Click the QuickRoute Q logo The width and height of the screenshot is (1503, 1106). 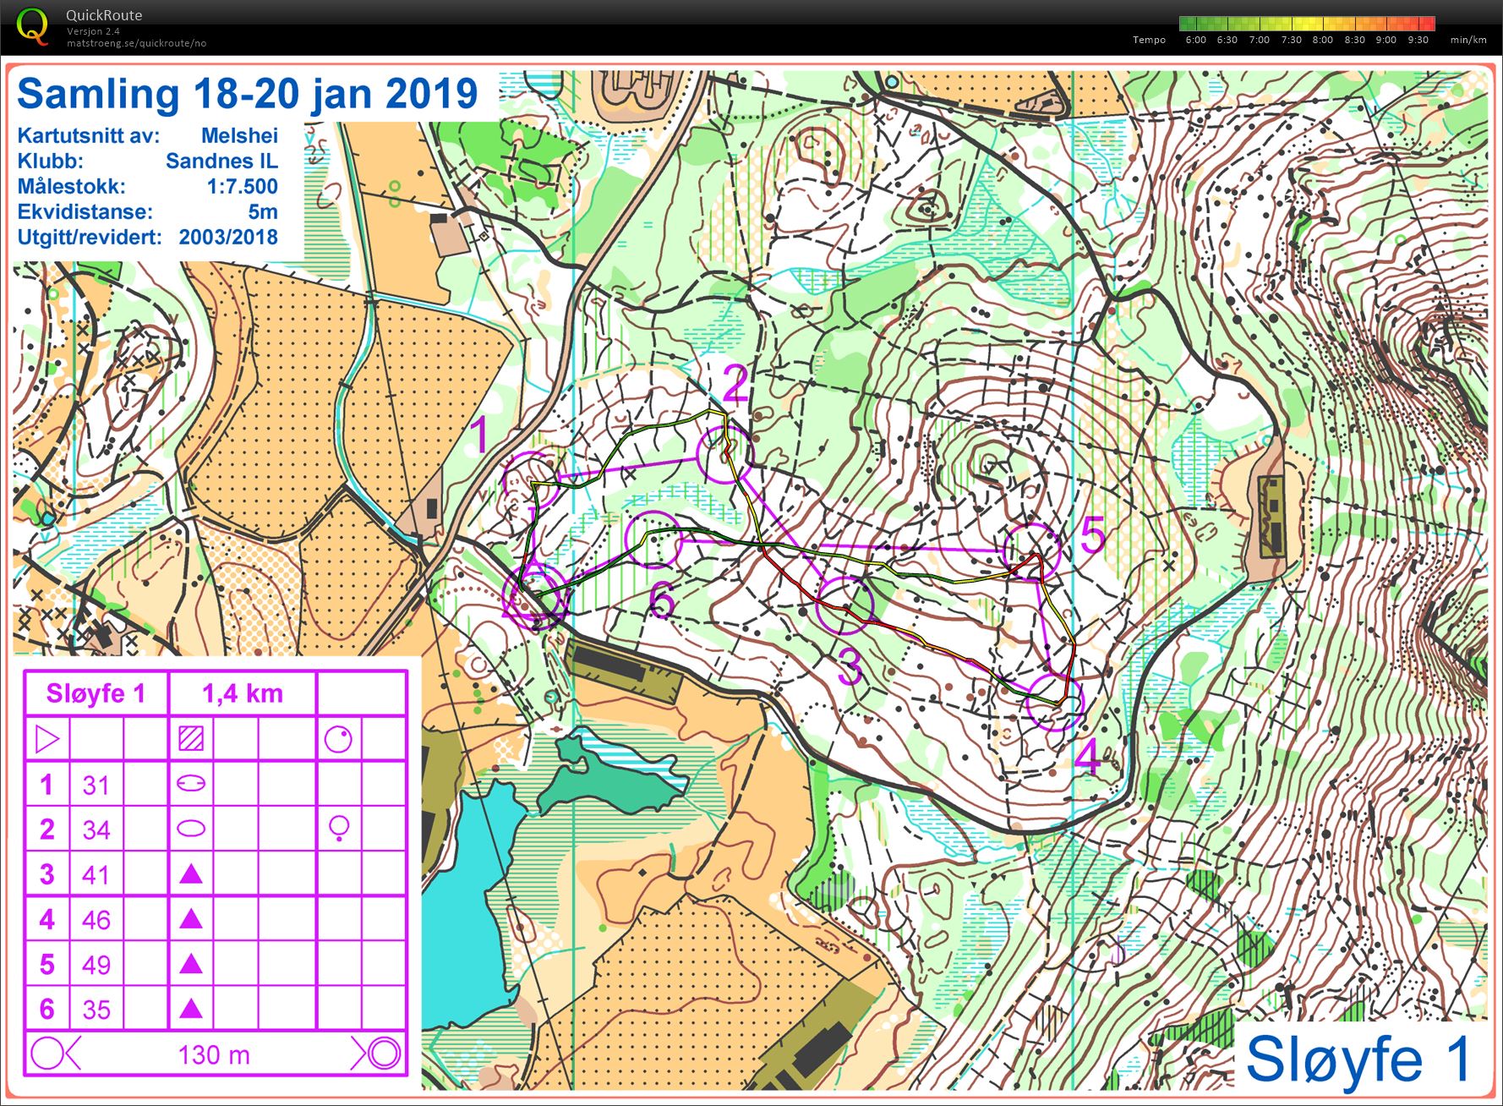click(x=33, y=25)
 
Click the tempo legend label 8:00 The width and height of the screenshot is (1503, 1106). click(x=1322, y=40)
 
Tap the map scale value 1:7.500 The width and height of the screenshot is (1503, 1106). click(x=242, y=186)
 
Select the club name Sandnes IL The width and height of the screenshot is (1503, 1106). click(x=221, y=161)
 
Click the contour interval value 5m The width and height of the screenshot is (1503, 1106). click(x=262, y=211)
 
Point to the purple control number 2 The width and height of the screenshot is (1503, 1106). click(x=735, y=385)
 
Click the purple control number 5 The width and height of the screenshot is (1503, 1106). click(x=1092, y=535)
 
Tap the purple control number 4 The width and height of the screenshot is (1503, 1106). click(x=1087, y=756)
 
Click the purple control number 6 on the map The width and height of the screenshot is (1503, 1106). click(x=662, y=602)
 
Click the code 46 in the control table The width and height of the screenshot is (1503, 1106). click(x=96, y=919)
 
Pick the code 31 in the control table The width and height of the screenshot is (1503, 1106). click(x=96, y=785)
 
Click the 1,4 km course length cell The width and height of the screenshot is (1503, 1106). click(x=243, y=693)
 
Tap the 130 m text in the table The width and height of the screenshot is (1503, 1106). click(x=214, y=1054)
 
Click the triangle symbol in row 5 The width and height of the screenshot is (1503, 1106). click(x=192, y=963)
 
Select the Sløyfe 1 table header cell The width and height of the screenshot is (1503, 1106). click(x=96, y=693)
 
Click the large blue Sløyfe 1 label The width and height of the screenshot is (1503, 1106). click(x=1358, y=1059)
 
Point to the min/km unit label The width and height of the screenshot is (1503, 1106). click(x=1467, y=40)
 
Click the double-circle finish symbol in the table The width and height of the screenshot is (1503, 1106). click(x=384, y=1054)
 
